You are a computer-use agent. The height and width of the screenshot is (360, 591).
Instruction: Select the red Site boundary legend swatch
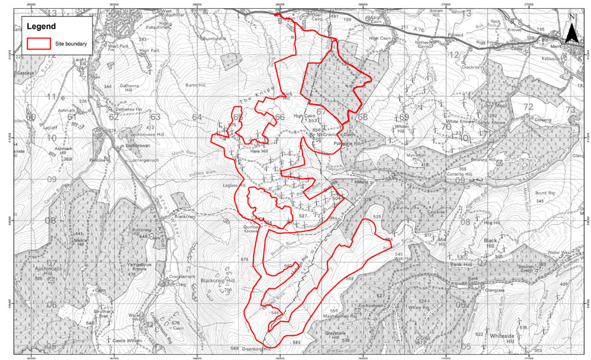[x=40, y=43]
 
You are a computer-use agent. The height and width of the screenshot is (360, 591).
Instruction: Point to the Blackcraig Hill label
[x=218, y=281]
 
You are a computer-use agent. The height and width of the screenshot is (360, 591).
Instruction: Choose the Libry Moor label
[x=494, y=106]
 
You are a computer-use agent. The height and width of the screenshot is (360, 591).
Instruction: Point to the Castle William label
[x=124, y=340]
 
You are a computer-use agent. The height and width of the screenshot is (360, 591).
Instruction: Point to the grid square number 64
[x=197, y=117]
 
